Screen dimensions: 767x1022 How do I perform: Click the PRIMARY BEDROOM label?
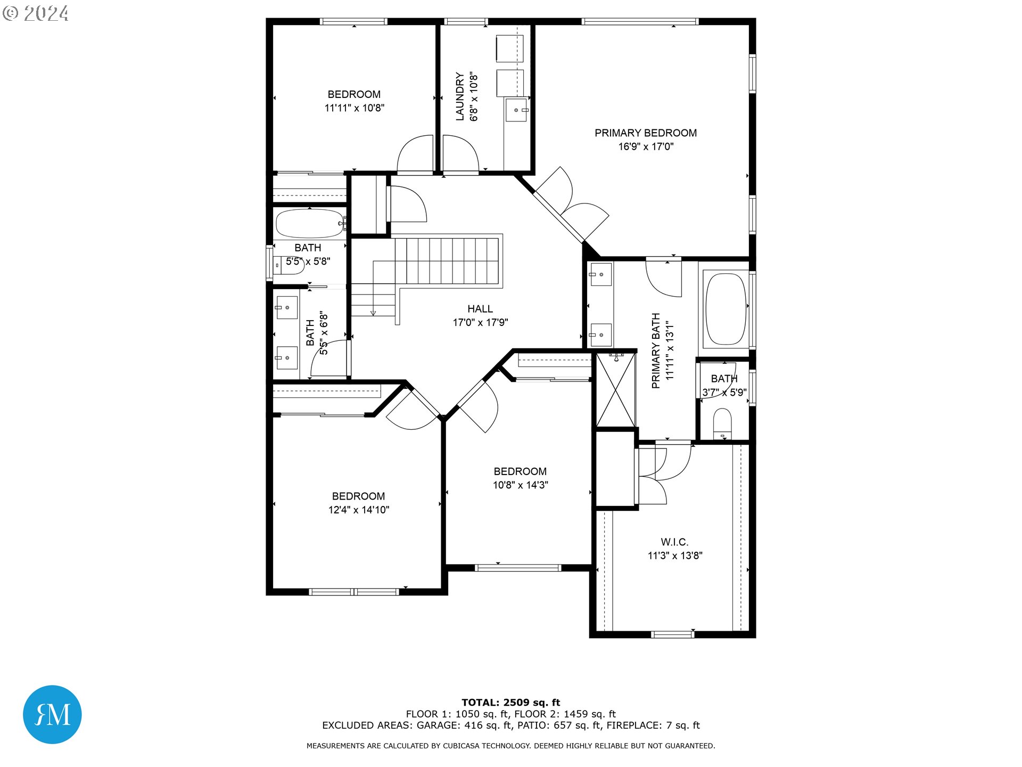pos(645,133)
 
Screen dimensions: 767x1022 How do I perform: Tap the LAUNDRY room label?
pos(460,96)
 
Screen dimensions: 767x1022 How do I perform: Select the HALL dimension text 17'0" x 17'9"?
pos(480,322)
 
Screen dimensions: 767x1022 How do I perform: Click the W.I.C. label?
pos(674,542)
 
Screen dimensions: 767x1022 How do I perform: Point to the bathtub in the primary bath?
pos(726,309)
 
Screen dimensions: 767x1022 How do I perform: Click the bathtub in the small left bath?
pos(310,223)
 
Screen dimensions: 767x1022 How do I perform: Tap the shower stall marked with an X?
pos(616,390)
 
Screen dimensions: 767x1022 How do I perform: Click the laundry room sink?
pos(516,110)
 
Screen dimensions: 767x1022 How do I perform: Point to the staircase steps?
pos(447,261)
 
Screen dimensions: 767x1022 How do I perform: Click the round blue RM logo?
pos(52,714)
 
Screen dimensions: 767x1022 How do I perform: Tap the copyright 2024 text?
pos(36,13)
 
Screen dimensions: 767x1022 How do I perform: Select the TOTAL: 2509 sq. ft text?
pos(510,703)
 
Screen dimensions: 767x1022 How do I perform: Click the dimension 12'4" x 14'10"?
pos(358,510)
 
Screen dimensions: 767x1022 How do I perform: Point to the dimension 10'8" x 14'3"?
pos(520,485)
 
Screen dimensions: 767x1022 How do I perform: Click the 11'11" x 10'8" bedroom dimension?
pos(354,108)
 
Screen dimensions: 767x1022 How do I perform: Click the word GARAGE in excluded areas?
pos(437,725)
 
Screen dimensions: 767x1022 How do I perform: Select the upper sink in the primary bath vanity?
pos(600,275)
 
